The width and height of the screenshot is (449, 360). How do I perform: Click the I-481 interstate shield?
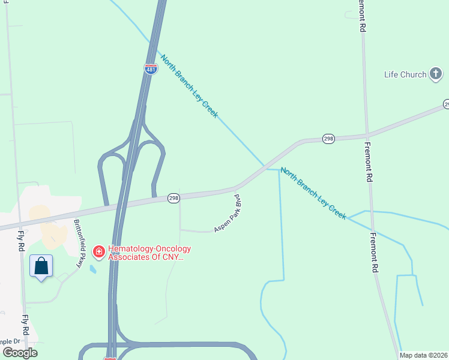pos(151,70)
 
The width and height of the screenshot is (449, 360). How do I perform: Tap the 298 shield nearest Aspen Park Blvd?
pos(173,198)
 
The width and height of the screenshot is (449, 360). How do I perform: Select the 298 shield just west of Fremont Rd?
pos(328,138)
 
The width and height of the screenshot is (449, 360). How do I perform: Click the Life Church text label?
pos(405,74)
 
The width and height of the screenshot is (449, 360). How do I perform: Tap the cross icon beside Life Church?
pos(436,74)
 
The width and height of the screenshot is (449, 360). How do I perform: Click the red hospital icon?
pos(99,250)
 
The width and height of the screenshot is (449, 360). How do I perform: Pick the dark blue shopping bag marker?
pos(41,266)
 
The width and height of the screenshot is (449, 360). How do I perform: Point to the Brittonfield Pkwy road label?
pos(78,242)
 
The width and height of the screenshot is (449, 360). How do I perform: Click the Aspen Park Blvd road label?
pos(228,213)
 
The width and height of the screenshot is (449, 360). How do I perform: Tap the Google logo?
pos(20,352)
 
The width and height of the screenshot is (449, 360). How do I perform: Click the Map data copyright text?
pos(424,355)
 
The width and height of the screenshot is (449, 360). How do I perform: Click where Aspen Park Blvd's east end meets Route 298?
pos(235,189)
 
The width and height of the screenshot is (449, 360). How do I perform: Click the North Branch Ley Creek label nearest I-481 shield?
pos(188,86)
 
